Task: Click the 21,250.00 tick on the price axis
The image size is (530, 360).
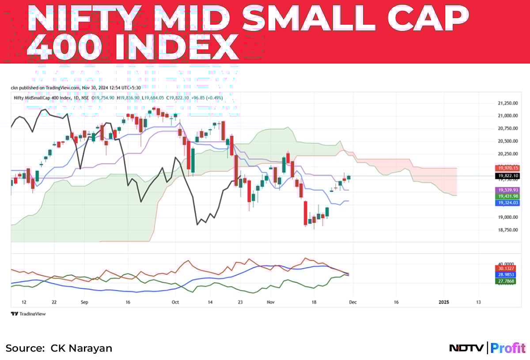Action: (x=507, y=103)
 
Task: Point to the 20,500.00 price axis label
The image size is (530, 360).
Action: (x=507, y=141)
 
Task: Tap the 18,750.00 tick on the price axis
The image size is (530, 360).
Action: (x=507, y=230)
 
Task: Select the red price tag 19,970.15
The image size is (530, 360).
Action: (x=508, y=168)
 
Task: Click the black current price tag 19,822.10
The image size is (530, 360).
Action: (x=508, y=176)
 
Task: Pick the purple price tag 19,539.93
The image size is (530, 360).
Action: (x=508, y=189)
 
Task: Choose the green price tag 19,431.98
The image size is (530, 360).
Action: (x=508, y=196)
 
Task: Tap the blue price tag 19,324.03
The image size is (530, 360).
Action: (x=508, y=203)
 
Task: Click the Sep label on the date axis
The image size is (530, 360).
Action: (x=85, y=303)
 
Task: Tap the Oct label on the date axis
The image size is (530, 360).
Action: (x=175, y=303)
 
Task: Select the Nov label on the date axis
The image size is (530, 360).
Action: (x=271, y=303)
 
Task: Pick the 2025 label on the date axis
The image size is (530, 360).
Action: (x=444, y=303)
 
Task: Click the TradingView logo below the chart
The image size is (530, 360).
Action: (x=28, y=314)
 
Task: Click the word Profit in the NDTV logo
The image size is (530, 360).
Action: (x=508, y=348)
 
